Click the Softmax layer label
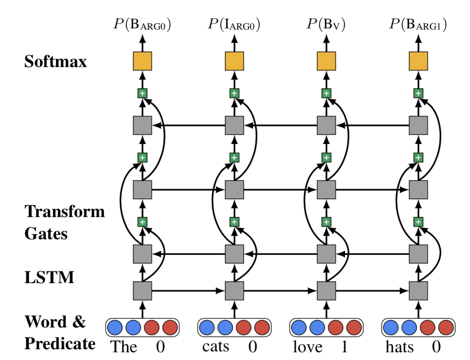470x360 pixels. [x=55, y=61]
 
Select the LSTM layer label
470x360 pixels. [x=49, y=277]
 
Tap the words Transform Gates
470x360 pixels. [x=64, y=222]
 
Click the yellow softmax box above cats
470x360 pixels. [x=234, y=61]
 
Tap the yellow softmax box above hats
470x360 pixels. [x=418, y=61]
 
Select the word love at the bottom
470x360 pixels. [x=308, y=347]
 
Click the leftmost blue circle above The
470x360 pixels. [x=115, y=327]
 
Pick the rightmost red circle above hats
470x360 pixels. [x=446, y=327]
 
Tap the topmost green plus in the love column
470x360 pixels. [x=326, y=93]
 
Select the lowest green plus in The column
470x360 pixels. [x=142, y=222]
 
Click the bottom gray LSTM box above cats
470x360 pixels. [x=234, y=290]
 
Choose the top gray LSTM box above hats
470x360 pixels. [x=418, y=125]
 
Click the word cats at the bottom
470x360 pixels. [x=215, y=347]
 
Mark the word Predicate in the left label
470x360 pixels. [x=60, y=343]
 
